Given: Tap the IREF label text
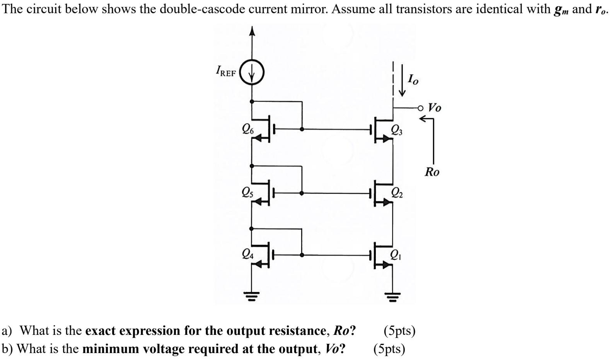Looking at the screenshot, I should tap(225, 71).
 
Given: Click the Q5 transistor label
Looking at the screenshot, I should tap(247, 192).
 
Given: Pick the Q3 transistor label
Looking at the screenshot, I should tap(396, 130).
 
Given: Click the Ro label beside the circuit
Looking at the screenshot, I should tap(432, 172).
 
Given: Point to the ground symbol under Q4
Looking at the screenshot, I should tap(252, 297).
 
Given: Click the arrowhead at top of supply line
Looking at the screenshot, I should tap(252, 31).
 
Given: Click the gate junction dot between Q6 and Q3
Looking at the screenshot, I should tap(302, 129).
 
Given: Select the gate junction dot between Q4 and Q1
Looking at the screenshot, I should tap(302, 255).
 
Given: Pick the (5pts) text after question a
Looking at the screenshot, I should tap(399, 331).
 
